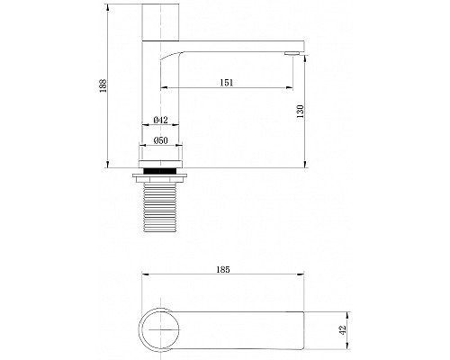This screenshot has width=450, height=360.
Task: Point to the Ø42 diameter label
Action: [x=162, y=120]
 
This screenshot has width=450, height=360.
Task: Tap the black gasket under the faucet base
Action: [x=163, y=169]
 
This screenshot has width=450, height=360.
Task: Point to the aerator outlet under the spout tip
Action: [x=292, y=55]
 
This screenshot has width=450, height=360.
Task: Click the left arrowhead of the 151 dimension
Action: [x=164, y=88]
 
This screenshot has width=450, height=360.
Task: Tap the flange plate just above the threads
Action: [x=163, y=177]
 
